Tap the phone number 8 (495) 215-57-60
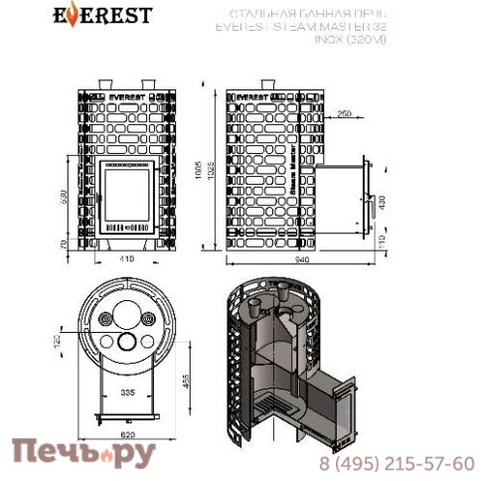(x=396, y=462)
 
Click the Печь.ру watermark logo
(x=83, y=456)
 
